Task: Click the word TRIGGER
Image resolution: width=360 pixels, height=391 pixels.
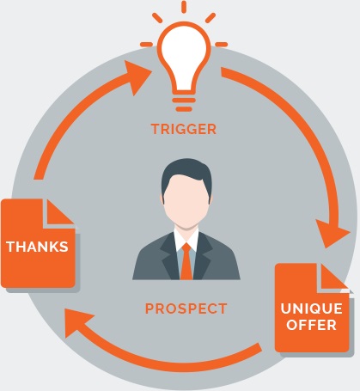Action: coord(184,129)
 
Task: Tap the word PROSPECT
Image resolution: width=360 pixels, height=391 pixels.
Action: coord(186,309)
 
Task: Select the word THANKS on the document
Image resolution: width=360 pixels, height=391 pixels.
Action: coord(37,247)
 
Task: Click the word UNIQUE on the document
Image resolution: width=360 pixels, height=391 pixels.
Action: coord(311,309)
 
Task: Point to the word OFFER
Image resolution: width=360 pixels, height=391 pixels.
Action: coord(311,325)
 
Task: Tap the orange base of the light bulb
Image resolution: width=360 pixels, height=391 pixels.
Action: coord(184,104)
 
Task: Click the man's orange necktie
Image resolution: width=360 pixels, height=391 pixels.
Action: coord(186,261)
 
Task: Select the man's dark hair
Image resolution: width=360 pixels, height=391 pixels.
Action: coord(186,174)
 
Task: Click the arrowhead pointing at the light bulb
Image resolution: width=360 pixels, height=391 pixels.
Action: coord(138,76)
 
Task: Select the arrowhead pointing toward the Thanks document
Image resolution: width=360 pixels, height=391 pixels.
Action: coord(77,321)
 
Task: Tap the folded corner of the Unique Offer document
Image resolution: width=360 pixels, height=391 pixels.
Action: coord(334,277)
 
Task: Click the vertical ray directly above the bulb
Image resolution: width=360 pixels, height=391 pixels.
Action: coord(184,7)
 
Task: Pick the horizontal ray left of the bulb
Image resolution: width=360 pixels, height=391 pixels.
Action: coord(146,45)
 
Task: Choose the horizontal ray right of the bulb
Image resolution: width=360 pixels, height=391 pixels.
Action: coord(222,45)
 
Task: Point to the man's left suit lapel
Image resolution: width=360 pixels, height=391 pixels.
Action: coord(170,255)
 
